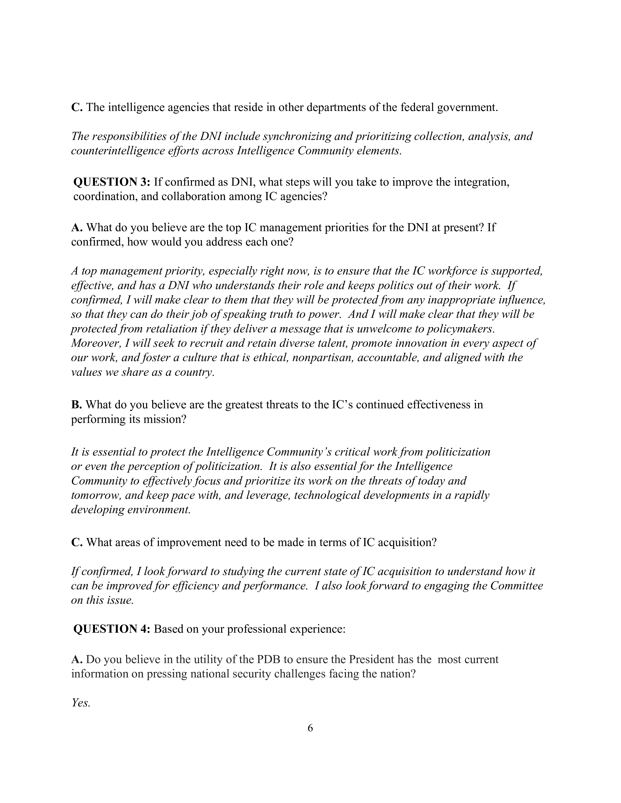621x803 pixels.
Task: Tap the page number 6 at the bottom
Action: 310,728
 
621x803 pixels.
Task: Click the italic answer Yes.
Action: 81,703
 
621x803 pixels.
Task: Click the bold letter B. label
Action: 76,405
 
